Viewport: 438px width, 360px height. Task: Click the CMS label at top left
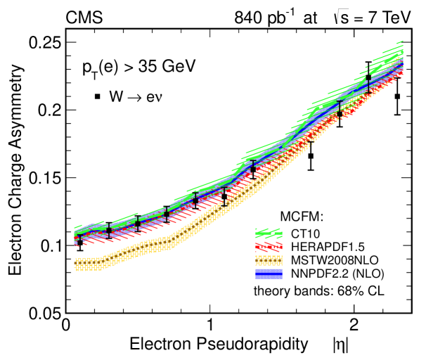(84, 16)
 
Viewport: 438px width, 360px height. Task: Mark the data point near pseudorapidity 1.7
(311, 155)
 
